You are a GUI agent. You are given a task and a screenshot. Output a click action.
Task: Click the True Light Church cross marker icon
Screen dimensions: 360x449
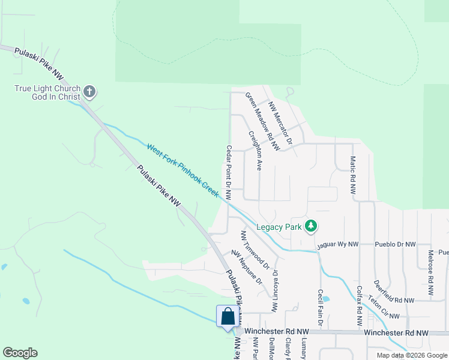[x=90, y=92]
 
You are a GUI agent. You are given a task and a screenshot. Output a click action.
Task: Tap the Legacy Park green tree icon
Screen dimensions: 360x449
[x=311, y=226]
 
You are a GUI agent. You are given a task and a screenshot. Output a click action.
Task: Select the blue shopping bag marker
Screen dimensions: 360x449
[x=228, y=316]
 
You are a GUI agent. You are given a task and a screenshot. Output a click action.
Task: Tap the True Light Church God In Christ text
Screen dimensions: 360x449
[x=47, y=93]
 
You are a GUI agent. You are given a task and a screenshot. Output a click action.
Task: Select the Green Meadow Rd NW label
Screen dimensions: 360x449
[x=262, y=121]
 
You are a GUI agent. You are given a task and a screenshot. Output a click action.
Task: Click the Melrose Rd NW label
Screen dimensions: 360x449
[x=430, y=272]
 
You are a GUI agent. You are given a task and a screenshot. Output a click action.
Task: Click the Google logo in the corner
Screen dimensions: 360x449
[x=20, y=353]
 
